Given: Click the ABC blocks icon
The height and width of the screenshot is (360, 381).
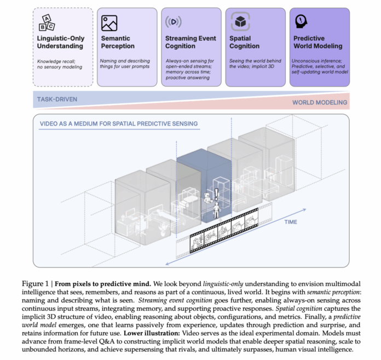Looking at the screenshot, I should click(x=46, y=22).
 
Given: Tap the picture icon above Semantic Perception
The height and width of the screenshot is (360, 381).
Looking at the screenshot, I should click(x=109, y=22).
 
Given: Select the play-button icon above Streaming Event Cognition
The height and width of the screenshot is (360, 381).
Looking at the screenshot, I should click(x=173, y=22).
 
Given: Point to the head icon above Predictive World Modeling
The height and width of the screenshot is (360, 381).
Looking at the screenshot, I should click(x=301, y=21).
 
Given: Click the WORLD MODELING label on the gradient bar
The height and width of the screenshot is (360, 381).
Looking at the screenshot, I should click(x=319, y=102).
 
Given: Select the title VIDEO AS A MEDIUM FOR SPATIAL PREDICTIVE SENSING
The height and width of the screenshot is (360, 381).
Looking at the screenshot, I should click(x=119, y=123).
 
